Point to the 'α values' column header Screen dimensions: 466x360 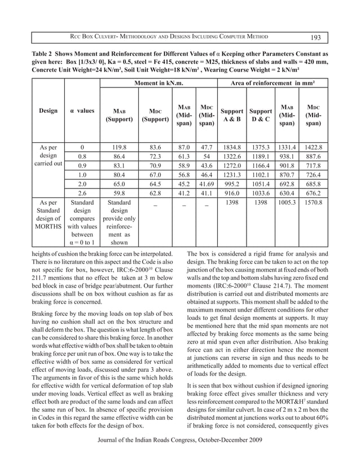pyautogui.click(x=82, y=111)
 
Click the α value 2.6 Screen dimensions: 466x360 pyautogui.click(x=82, y=194)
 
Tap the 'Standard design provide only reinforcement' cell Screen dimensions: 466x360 pyautogui.click(x=119, y=221)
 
